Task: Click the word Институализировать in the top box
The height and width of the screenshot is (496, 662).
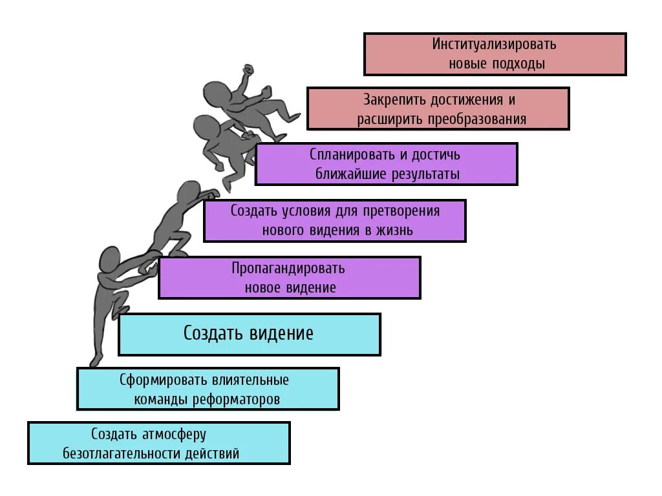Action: (x=495, y=45)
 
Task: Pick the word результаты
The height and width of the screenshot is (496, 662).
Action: (x=424, y=174)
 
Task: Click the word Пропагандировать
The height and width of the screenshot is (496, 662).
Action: (x=288, y=268)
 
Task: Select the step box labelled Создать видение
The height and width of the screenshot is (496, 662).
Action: (x=250, y=334)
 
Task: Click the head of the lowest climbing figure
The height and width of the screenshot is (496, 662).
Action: (x=109, y=259)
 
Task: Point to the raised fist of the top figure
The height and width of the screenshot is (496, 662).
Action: (x=248, y=70)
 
